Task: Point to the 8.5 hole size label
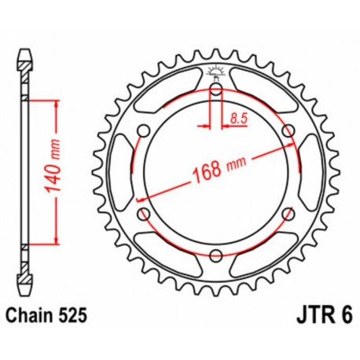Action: tap(236, 119)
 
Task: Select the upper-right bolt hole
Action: tap(286, 130)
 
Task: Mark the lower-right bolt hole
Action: tap(286, 212)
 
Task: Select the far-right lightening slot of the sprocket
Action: tap(311, 171)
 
